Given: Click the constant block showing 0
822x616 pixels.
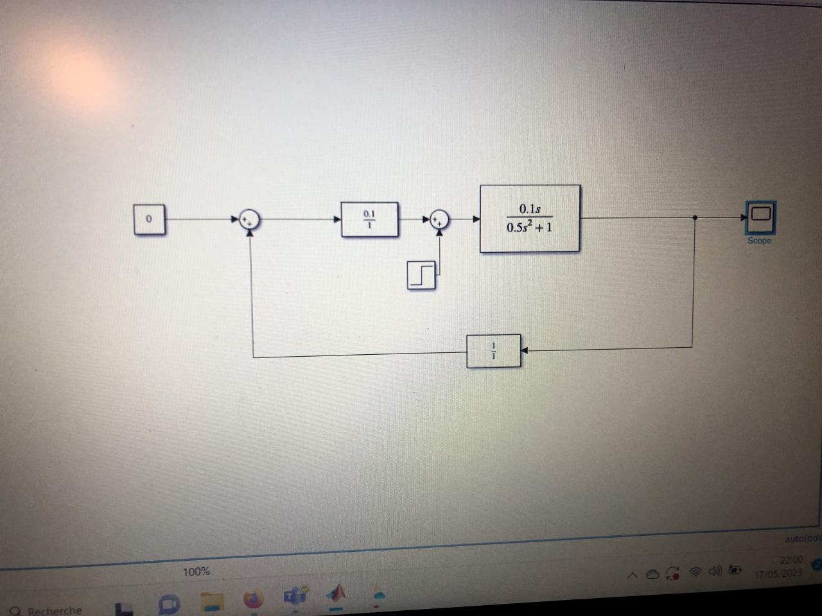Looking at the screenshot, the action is coord(149,219).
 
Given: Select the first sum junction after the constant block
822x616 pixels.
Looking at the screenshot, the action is coord(249,219).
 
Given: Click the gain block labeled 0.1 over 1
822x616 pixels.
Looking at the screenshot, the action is coord(369,219).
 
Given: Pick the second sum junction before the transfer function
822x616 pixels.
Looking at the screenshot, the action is coord(439,219).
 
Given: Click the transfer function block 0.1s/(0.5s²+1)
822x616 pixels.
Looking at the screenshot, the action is coord(530,218).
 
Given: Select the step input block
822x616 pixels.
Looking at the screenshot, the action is coord(421,275).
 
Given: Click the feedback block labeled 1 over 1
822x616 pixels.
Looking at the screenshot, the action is coord(493,351).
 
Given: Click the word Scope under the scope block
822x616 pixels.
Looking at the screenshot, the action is coord(759,241).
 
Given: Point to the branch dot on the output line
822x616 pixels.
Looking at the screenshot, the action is coord(695,218).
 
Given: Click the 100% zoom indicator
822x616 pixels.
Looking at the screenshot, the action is coord(196,571).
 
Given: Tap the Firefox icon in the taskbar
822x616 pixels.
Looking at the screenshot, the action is coord(254,599).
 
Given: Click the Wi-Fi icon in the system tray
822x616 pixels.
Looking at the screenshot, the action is coord(695,572).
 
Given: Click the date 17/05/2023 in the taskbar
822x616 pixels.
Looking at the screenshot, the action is coord(778,573).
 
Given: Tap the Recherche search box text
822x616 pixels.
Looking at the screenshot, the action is coord(55,610).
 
